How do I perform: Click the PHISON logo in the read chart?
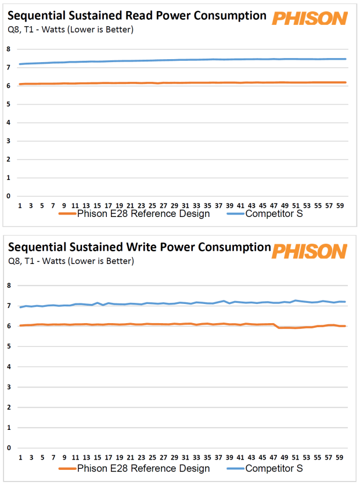(309, 18)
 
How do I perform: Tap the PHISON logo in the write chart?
(309, 251)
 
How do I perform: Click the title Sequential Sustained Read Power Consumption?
(137, 16)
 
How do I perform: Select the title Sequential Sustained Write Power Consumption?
(139, 247)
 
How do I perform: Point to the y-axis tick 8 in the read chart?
(9, 49)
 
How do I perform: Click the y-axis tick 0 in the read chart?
(9, 196)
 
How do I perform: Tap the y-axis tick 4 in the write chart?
(9, 367)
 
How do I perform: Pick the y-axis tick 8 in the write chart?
(9, 285)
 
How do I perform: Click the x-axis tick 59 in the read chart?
(340, 205)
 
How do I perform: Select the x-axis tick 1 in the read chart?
(20, 205)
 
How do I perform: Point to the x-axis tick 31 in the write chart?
(185, 457)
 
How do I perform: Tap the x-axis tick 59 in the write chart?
(340, 457)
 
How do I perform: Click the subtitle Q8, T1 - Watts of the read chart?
(70, 30)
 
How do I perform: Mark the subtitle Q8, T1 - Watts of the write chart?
(70, 261)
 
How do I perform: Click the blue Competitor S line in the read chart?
(174, 60)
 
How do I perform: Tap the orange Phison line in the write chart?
(174, 324)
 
